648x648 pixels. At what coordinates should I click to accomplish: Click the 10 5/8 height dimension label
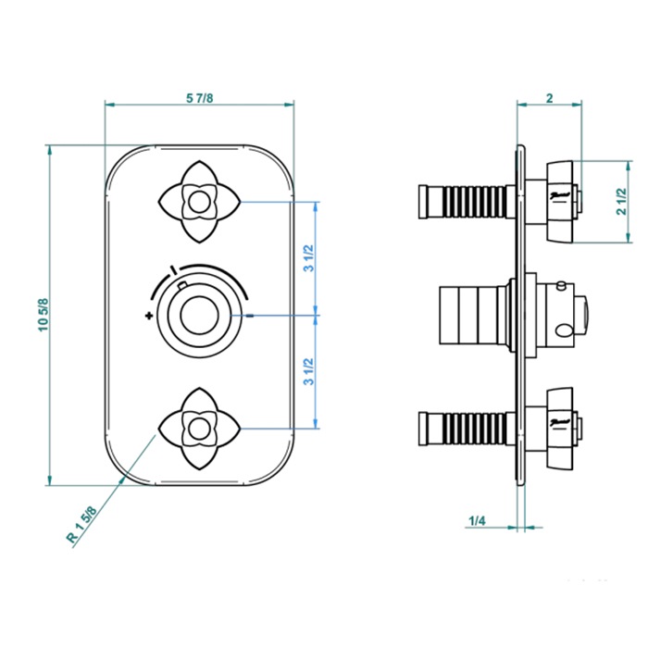coord(43,315)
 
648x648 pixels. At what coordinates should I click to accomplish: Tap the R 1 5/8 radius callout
coord(82,524)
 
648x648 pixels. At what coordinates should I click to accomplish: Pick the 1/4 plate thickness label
coord(477,522)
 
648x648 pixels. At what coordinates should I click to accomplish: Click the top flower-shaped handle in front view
coord(199,200)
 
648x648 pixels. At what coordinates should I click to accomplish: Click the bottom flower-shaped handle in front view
coord(199,428)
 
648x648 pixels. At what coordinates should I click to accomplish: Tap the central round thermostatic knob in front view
coord(198,315)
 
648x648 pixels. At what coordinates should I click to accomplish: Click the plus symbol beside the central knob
coord(148,317)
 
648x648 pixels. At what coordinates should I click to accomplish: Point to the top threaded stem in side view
coord(462,201)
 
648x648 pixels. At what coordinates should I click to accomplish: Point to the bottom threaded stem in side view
coord(462,429)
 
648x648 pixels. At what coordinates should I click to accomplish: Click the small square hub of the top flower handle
coord(198,200)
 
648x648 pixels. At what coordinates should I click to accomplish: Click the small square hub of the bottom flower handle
coord(198,428)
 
